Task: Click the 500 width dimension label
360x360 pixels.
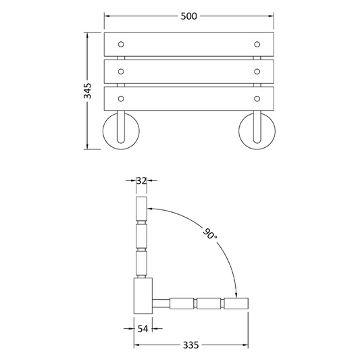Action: pyautogui.click(x=188, y=16)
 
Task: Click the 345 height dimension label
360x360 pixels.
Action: pyautogui.click(x=87, y=91)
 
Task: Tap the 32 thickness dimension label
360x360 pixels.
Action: pyautogui.click(x=141, y=181)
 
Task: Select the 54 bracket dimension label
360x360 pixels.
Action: pyautogui.click(x=143, y=329)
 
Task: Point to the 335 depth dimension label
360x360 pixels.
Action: pyautogui.click(x=190, y=345)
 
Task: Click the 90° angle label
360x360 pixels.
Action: pyautogui.click(x=209, y=234)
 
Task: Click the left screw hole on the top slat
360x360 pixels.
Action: pyautogui.click(x=121, y=45)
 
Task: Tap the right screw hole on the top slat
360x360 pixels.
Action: pyautogui.click(x=257, y=45)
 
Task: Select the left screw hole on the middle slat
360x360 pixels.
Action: pyautogui.click(x=121, y=72)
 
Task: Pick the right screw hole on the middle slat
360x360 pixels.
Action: pyautogui.click(x=257, y=72)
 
